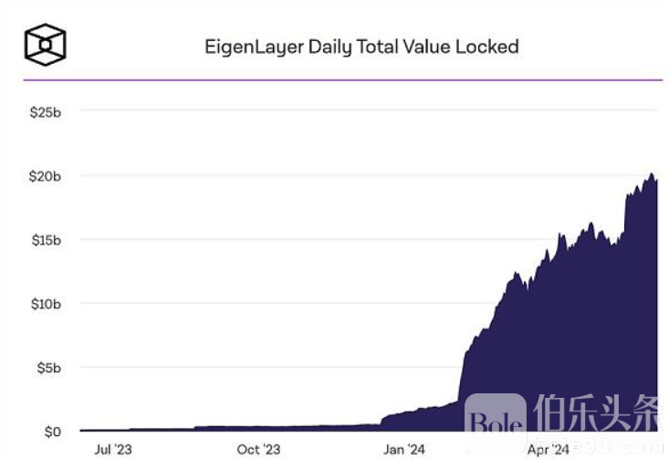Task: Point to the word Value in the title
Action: [428, 46]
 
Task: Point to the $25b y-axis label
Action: [45, 111]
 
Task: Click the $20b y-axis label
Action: [45, 175]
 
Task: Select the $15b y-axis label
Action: [45, 239]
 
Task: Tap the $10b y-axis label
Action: [45, 303]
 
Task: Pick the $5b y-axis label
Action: [47, 367]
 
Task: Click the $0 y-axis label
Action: [52, 431]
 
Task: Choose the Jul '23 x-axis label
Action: [112, 449]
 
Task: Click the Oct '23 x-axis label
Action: [258, 449]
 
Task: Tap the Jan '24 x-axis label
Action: [403, 449]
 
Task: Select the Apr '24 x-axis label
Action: [549, 449]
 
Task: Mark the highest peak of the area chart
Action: [651, 174]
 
